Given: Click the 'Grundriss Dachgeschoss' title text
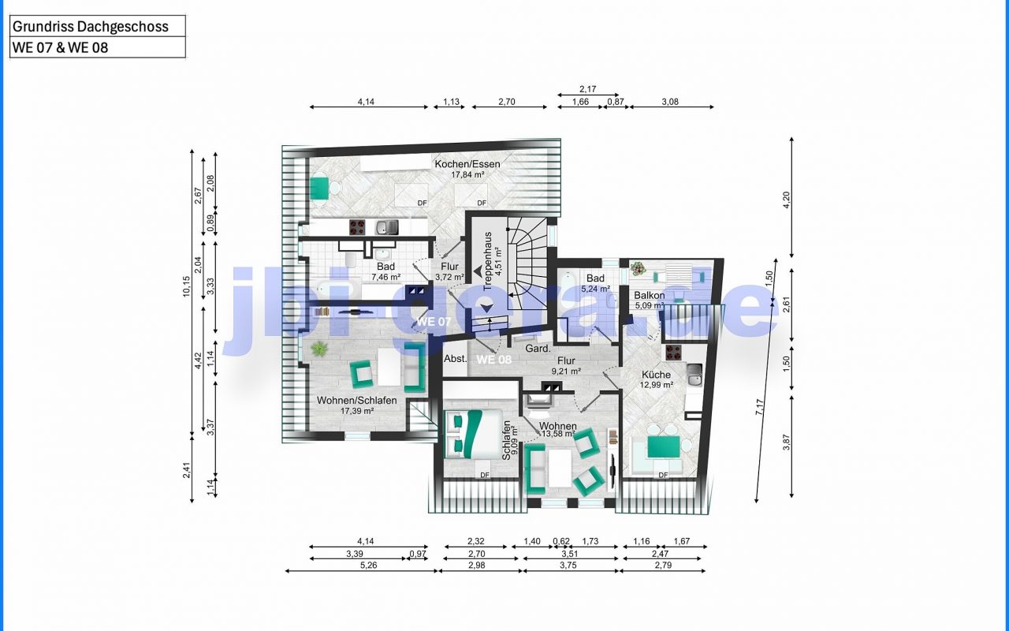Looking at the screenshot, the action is [90, 27].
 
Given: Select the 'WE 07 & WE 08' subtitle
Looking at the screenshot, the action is [61, 48].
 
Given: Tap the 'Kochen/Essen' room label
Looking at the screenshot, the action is [467, 164].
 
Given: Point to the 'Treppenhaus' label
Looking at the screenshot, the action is [487, 261].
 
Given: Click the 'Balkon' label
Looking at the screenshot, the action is [649, 296].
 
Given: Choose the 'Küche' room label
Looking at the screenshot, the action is [656, 375].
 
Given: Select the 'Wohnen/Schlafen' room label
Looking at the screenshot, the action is [357, 400].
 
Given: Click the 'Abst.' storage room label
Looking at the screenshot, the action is [456, 359].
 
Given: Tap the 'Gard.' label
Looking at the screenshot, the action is [538, 349].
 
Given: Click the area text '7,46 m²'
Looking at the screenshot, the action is [385, 277].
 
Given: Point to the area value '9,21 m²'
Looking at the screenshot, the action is [566, 372].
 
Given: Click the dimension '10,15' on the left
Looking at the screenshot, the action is [187, 286].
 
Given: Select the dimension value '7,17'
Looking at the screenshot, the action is [760, 408].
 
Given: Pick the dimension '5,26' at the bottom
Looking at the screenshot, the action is [368, 566].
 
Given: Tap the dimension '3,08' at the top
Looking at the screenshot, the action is [670, 102].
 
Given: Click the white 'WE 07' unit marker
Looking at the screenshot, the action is [434, 322].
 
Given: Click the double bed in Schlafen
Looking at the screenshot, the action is [472, 434].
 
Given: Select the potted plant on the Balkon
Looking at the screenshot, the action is [638, 269].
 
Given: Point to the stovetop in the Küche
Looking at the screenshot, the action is [673, 353].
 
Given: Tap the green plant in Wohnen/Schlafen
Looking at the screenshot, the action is [319, 349].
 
